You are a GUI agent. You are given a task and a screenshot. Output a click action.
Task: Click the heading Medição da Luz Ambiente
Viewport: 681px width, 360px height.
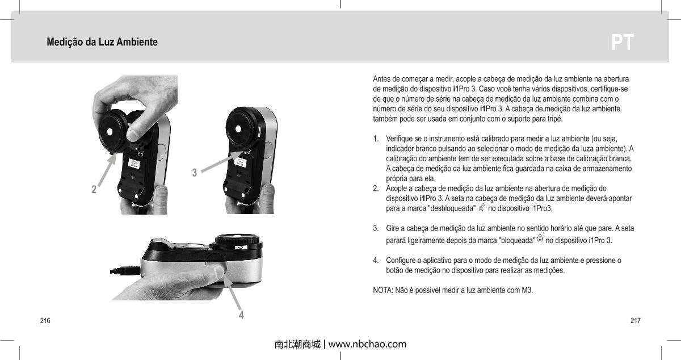click(102, 43)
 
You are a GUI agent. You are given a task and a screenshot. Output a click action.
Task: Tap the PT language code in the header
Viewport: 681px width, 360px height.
click(623, 43)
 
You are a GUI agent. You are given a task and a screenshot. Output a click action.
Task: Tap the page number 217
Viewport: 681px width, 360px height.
click(636, 321)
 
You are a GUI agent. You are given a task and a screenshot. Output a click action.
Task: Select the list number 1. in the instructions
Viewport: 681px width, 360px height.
click(376, 139)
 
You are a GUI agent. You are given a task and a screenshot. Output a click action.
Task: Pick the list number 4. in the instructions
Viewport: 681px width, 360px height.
click(376, 261)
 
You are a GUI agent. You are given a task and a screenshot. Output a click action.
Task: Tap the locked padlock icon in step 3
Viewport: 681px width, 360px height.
click(540, 240)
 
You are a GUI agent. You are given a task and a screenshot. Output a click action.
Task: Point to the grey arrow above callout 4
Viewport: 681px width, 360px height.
click(234, 292)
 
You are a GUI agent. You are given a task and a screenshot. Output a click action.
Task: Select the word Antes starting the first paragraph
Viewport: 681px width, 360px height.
click(382, 78)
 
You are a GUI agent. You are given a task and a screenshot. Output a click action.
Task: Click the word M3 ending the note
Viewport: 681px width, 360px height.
click(527, 291)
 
